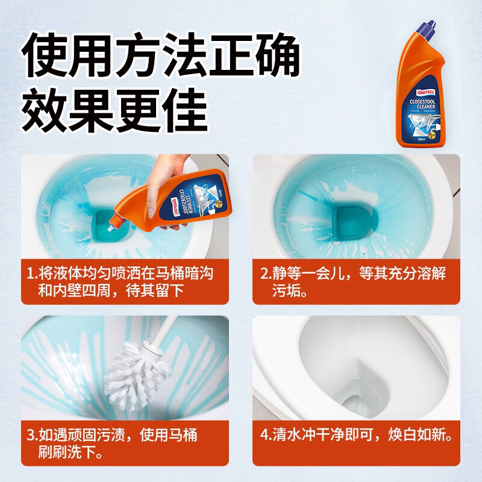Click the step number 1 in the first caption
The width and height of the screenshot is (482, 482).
31,273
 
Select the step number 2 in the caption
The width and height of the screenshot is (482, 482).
264,273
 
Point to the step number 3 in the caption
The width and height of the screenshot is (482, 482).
31,434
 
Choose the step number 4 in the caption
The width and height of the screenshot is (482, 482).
264,434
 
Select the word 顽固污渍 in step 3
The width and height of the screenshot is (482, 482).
93,434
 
